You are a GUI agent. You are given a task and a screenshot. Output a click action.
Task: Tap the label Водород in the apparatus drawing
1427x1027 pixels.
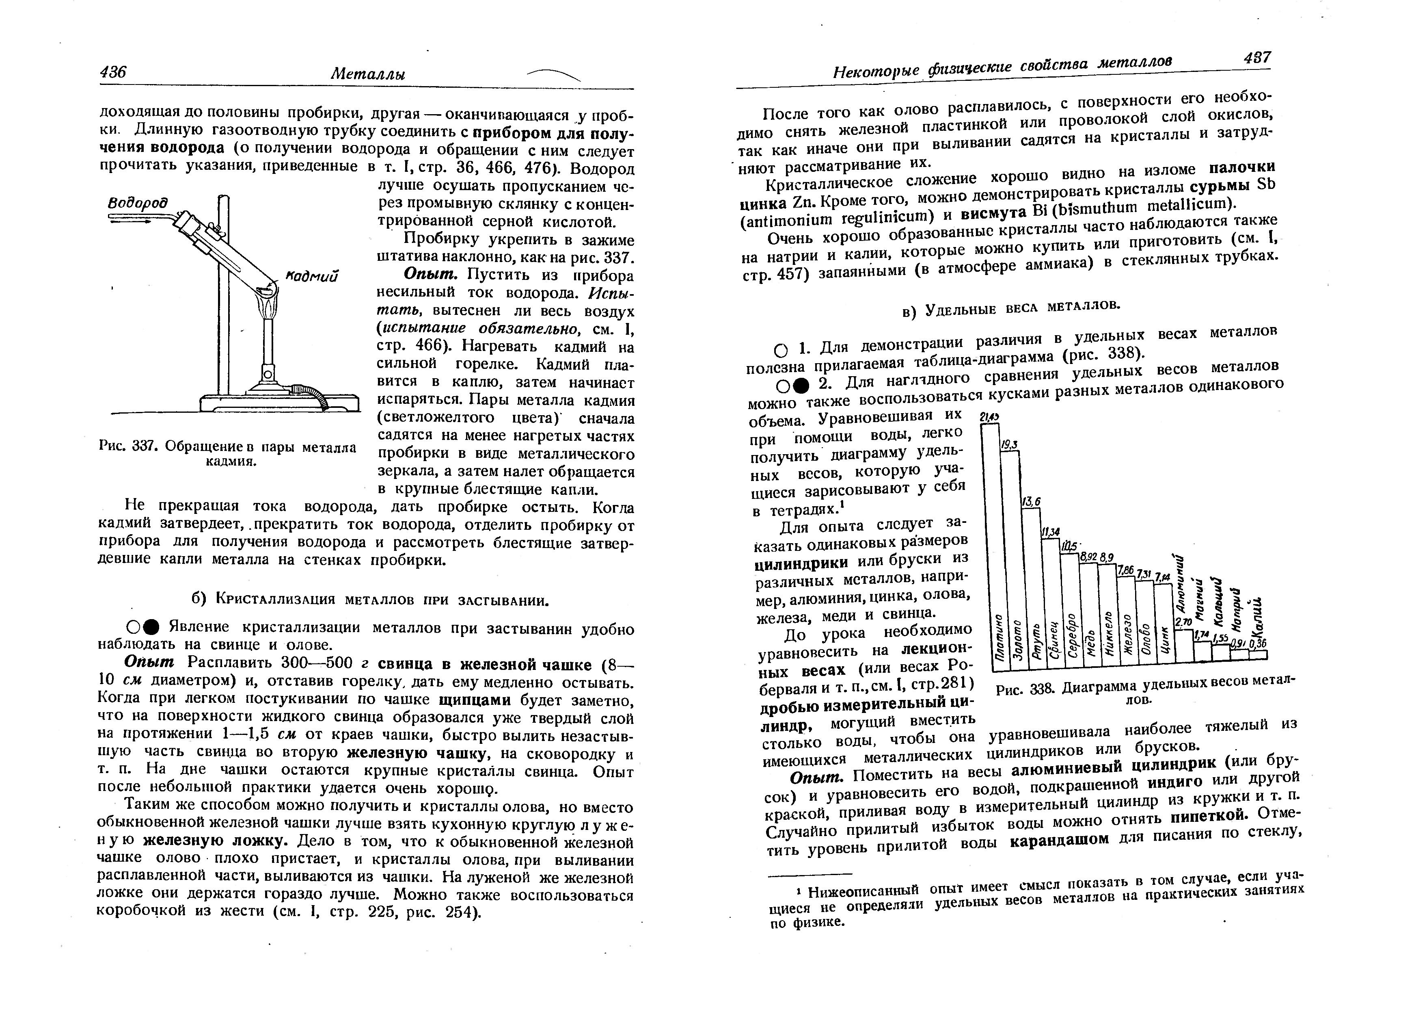point(138,204)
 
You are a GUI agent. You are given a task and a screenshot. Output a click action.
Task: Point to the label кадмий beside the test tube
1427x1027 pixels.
point(312,276)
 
